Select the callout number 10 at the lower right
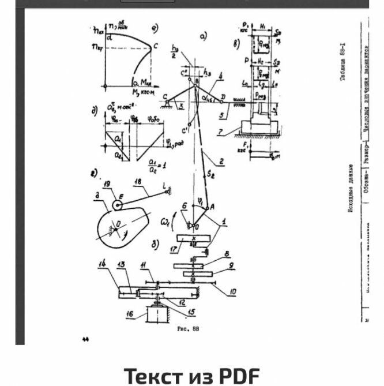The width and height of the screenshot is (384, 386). pyautogui.click(x=232, y=292)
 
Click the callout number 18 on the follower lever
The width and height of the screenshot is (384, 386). pyautogui.click(x=138, y=181)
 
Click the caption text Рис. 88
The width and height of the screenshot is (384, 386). pyautogui.click(x=187, y=329)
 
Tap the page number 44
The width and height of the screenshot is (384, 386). pyautogui.click(x=85, y=339)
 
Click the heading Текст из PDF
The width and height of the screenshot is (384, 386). pyautogui.click(x=192, y=376)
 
